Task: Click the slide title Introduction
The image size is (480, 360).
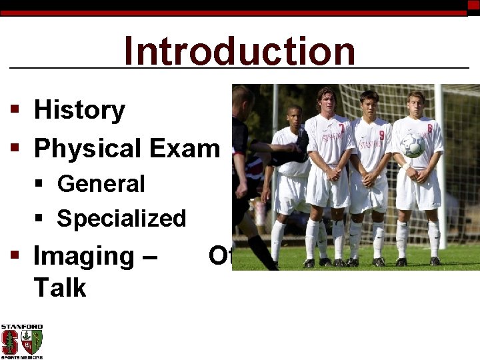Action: pos(239,51)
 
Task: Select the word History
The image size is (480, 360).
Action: pos(79,110)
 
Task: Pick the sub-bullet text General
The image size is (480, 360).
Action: pos(101,184)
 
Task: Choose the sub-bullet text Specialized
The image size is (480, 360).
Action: pos(121,219)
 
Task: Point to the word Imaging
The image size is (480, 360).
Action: pos(83,256)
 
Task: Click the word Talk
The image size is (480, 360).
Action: pos(60,288)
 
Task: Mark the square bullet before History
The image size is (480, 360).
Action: pos(14,111)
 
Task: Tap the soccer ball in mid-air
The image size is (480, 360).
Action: pos(412,145)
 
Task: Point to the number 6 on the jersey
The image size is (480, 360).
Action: pos(429,129)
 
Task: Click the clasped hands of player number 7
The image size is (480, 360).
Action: pos(331,175)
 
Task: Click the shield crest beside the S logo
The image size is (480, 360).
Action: pos(31,341)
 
